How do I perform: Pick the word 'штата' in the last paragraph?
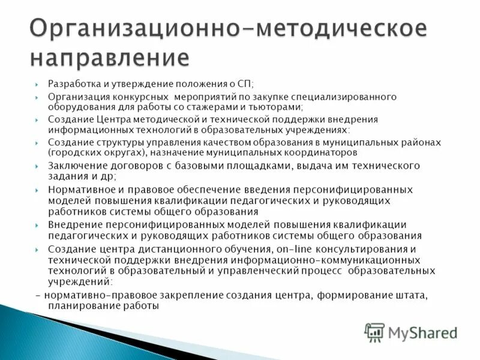(x=414, y=295)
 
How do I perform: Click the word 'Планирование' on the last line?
(x=80, y=306)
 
